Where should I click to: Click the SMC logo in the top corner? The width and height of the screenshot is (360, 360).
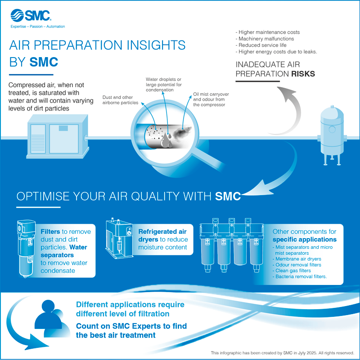pyautogui.click(x=31, y=15)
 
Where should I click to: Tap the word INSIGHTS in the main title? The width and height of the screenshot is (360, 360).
pyautogui.click(x=156, y=45)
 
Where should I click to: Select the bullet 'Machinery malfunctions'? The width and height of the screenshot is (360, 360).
pyautogui.click(x=265, y=39)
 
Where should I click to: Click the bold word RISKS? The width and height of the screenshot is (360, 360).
pyautogui.click(x=303, y=74)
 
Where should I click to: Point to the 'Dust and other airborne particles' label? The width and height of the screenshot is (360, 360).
pyautogui.click(x=120, y=100)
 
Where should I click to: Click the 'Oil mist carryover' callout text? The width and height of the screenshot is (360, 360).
pyautogui.click(x=211, y=94)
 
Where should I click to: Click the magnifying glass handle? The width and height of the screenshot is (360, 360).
pyautogui.click(x=208, y=161)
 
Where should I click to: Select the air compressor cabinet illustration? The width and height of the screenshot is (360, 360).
pyautogui.click(x=57, y=137)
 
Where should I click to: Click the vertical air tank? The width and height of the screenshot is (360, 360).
pyautogui.click(x=332, y=135)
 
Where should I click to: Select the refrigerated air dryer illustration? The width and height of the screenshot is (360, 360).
pyautogui.click(x=119, y=239)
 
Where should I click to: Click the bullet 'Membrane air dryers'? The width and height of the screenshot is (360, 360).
pyautogui.click(x=297, y=259)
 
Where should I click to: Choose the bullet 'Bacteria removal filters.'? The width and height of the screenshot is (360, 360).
pyautogui.click(x=300, y=276)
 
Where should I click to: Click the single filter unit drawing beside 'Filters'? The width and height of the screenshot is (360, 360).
pyautogui.click(x=27, y=249)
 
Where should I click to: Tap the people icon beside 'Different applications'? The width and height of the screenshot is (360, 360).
pyautogui.click(x=52, y=318)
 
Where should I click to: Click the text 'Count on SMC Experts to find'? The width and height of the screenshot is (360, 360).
pyautogui.click(x=131, y=326)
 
